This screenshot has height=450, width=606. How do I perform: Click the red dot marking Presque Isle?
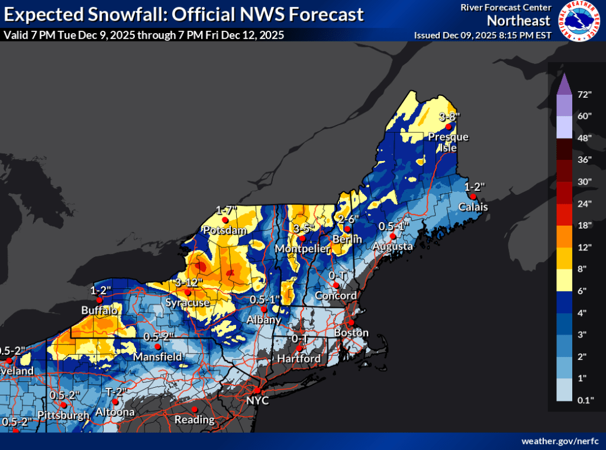point(449,127)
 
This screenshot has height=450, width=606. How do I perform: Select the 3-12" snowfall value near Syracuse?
point(189,282)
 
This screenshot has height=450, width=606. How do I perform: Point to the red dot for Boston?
point(350,323)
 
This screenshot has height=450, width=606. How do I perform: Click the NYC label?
point(258,401)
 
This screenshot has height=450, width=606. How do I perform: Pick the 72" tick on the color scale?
point(585,94)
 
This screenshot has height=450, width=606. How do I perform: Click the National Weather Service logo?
point(579,21)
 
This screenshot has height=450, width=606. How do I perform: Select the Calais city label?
point(473,207)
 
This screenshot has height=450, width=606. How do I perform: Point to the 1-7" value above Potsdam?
point(226,210)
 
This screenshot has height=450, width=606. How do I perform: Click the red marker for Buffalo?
point(99,300)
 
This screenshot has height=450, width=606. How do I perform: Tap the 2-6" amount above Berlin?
point(349,218)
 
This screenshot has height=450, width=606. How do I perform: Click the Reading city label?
point(194,420)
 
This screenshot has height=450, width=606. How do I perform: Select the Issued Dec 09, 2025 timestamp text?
point(483,35)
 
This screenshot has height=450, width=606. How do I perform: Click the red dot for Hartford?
point(299,348)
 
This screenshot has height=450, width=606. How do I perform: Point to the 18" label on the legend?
point(585,225)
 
